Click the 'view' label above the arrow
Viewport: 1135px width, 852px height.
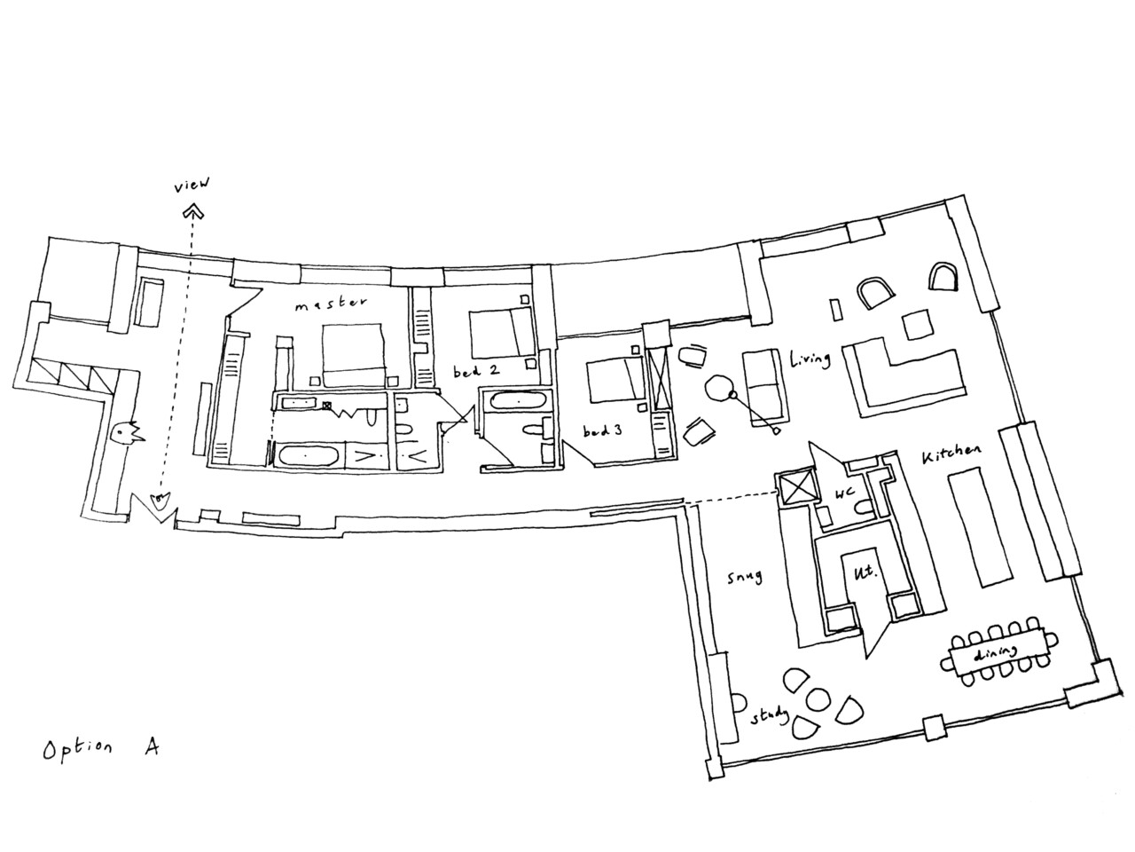[x=192, y=185]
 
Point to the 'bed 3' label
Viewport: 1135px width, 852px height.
[x=602, y=430]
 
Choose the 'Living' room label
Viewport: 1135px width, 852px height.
[x=810, y=359]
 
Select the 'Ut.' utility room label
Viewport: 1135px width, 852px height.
[x=864, y=572]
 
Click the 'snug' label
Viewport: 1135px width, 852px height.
[x=745, y=576]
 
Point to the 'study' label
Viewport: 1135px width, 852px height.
[x=770, y=716]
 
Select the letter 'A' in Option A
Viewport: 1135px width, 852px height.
[x=151, y=746]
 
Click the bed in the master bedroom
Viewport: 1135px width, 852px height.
[x=353, y=355]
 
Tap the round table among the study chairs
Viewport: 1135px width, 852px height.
[x=817, y=698]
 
